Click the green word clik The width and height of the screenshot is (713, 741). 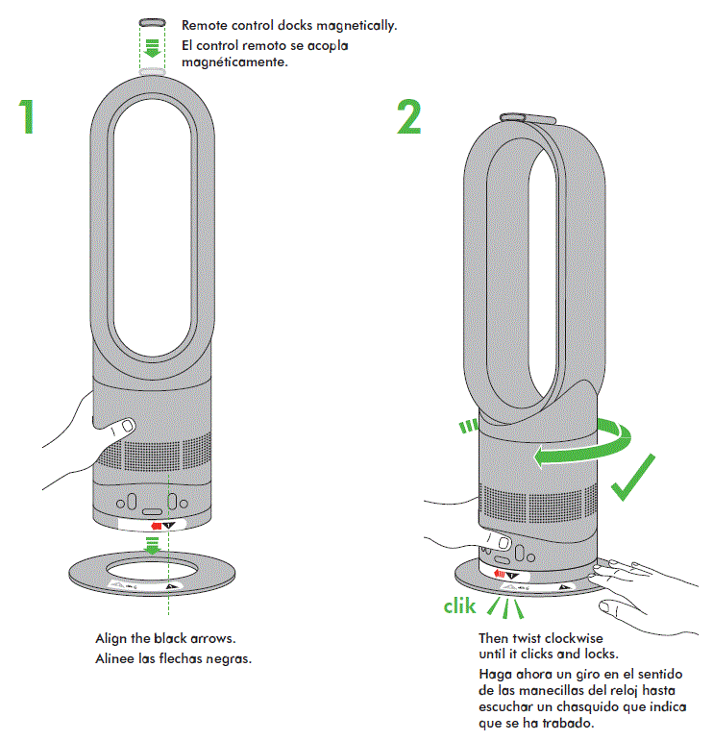click(460, 606)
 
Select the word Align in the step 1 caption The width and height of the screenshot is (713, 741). click(111, 638)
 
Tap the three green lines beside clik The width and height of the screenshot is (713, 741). click(504, 607)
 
